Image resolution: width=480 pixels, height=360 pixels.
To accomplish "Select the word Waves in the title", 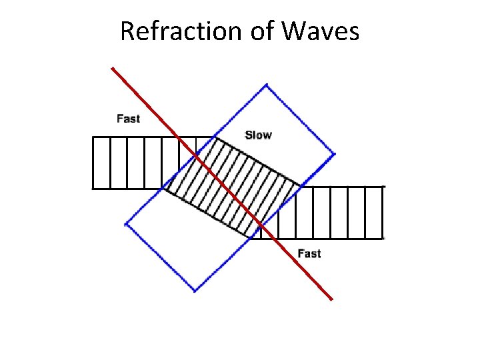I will [x=321, y=31].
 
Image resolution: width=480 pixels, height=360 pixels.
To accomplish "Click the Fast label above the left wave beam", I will [x=128, y=119].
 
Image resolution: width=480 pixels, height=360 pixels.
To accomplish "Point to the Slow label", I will [x=258, y=135].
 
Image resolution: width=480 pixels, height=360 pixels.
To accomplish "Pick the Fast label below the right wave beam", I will [x=309, y=253].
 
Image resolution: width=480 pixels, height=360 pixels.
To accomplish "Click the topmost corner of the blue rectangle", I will [x=267, y=85].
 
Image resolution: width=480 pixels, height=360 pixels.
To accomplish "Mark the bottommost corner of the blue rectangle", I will [x=195, y=291].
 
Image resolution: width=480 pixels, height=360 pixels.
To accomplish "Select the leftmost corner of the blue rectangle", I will [x=125, y=224].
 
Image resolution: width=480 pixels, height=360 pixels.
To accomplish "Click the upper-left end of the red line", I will [x=112, y=67].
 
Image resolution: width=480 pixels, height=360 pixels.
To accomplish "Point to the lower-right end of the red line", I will [x=332, y=300].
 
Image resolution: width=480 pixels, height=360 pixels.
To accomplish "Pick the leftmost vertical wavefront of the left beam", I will [x=93, y=163].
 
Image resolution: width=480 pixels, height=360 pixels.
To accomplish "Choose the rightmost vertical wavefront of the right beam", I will [x=383, y=212].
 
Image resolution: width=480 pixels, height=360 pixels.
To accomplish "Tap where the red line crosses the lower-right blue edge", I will [x=262, y=225].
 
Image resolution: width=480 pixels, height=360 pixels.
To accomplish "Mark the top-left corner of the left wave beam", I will [x=93, y=137].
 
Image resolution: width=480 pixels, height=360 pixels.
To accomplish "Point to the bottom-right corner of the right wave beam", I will [x=383, y=238].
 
